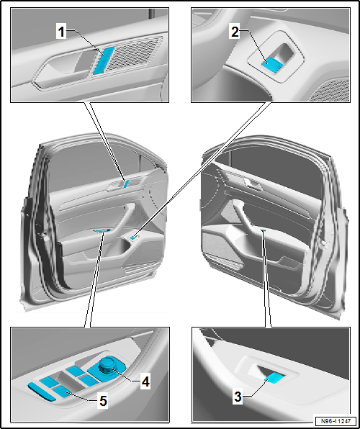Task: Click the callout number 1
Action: pos(61,32)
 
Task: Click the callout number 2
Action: pos(235,32)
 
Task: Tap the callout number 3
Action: pos(238,397)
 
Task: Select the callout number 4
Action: pos(145,381)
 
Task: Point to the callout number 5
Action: pos(103,402)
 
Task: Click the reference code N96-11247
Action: pos(336,421)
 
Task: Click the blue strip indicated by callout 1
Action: pos(104,60)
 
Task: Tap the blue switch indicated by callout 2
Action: pos(271,65)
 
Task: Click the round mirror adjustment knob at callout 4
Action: pos(105,366)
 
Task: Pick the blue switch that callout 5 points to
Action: pos(64,392)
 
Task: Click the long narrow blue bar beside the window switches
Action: pos(41,392)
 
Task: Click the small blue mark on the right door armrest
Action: pos(264,231)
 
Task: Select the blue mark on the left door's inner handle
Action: pos(126,184)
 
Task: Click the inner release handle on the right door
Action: pos(253,185)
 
